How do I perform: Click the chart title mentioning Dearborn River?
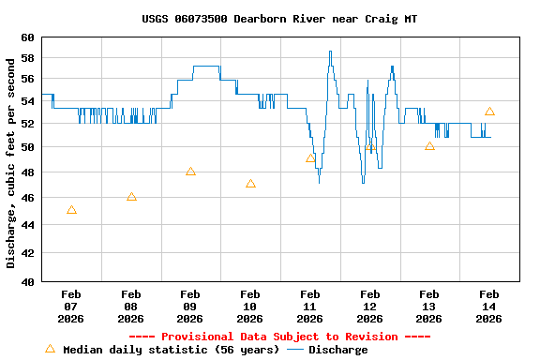tap(279, 19)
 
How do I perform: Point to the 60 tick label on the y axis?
tap(26, 37)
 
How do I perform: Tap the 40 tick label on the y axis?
tap(26, 281)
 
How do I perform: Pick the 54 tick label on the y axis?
tap(26, 98)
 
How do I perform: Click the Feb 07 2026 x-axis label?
tap(71, 306)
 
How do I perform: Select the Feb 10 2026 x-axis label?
tap(250, 306)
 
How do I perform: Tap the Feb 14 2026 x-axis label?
tap(489, 306)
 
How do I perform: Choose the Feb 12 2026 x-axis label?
tap(369, 306)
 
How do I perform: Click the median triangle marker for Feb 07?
tap(71, 210)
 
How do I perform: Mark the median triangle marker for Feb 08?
tap(131, 197)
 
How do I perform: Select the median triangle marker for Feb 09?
tap(190, 172)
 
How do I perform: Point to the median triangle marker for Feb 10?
tap(250, 184)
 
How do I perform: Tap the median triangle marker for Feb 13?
tap(429, 146)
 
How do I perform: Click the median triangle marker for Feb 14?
tap(489, 112)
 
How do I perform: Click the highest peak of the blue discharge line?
tap(330, 52)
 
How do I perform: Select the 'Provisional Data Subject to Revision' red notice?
tap(279, 337)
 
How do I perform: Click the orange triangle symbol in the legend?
tap(50, 349)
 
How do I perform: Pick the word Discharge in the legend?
tap(338, 350)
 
